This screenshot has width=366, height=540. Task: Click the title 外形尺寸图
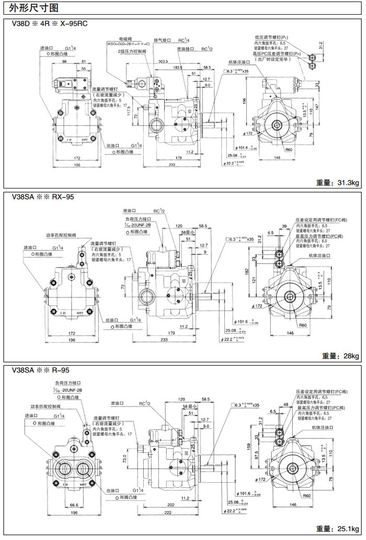(31, 8)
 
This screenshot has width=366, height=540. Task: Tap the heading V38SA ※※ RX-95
(42, 197)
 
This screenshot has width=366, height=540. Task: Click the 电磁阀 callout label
(124, 39)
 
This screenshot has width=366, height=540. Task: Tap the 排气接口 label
(163, 40)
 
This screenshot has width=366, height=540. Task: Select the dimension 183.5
(178, 68)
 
